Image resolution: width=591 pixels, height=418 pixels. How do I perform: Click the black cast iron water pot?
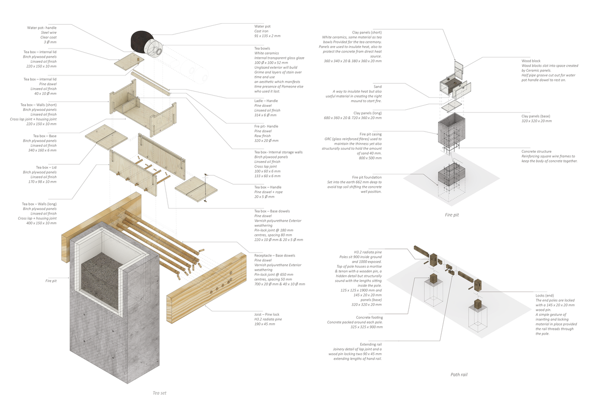pos(141,41)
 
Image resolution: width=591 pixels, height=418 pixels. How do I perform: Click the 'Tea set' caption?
pos(159,393)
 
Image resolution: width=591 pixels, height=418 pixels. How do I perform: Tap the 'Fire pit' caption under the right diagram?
pos(451,215)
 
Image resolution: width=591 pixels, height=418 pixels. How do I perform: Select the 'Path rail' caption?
pos(459,374)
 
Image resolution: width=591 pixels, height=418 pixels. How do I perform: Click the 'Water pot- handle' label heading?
pos(42,27)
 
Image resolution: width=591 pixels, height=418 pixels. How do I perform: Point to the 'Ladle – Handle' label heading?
pos(266,101)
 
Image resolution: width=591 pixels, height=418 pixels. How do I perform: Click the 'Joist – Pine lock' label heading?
pos(267,314)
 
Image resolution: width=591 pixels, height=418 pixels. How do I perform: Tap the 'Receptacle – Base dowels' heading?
pos(275,256)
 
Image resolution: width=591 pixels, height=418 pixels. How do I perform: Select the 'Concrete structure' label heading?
pos(536,151)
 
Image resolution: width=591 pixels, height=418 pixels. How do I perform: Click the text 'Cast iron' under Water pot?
pos(262,31)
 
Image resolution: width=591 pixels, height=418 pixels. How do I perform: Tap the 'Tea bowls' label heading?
pos(263,49)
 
